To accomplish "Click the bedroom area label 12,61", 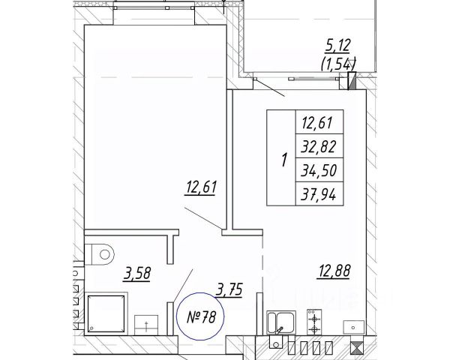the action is click(x=200, y=187).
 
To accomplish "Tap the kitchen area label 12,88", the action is click(x=334, y=271).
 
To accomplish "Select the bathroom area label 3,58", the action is click(x=137, y=273).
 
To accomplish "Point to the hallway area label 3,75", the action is click(x=229, y=289).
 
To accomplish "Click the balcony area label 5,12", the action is click(x=337, y=46).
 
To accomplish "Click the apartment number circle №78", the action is click(x=200, y=316).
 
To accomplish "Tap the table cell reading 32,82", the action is click(x=319, y=146).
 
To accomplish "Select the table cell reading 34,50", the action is click(x=319, y=170).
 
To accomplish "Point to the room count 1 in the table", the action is click(x=284, y=160).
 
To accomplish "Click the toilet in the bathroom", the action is click(x=100, y=254).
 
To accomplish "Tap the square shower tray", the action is click(x=106, y=314).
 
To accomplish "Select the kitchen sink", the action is click(x=281, y=322).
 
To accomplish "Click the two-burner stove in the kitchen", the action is click(x=314, y=322).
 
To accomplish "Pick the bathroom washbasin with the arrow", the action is click(x=146, y=325).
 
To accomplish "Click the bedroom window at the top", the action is click(x=154, y=7).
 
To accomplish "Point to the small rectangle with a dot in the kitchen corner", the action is click(x=353, y=328).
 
